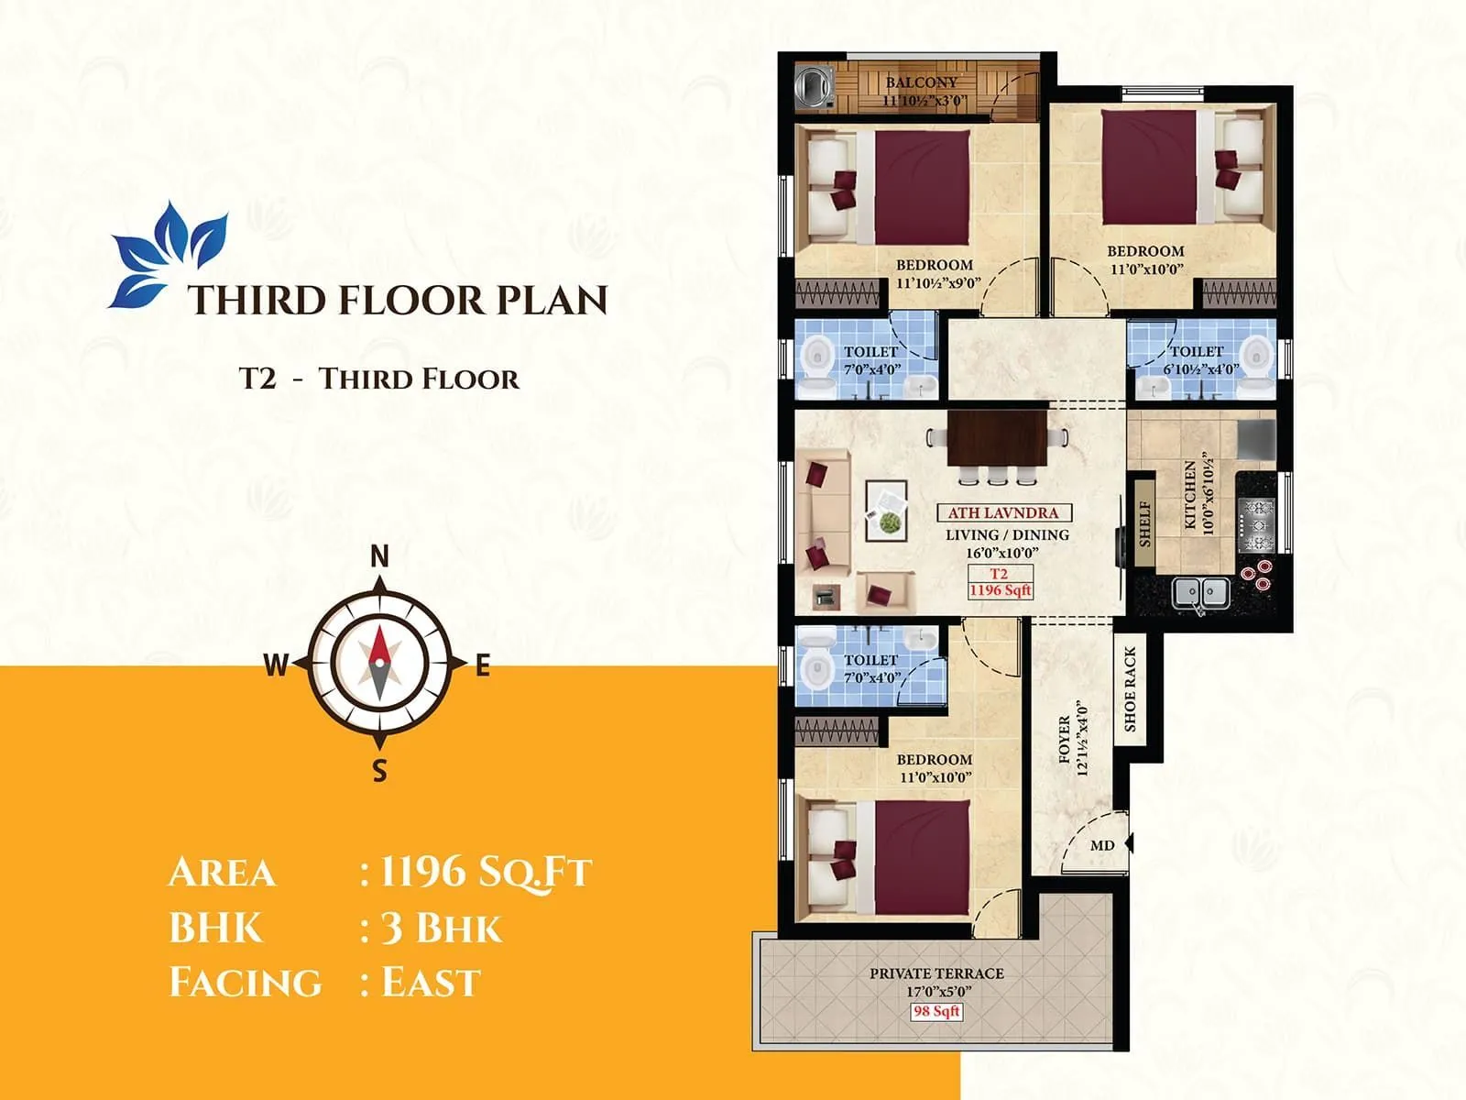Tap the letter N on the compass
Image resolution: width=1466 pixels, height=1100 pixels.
point(379,555)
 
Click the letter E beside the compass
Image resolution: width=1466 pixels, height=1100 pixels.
point(483,665)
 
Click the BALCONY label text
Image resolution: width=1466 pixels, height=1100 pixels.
point(921,82)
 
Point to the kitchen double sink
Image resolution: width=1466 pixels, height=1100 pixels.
point(1200,593)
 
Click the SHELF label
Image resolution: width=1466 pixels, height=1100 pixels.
point(1143,523)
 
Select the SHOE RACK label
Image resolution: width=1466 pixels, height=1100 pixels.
point(1130,688)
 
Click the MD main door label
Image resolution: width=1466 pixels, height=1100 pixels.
point(1102,845)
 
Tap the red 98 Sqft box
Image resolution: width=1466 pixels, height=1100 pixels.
point(935,1011)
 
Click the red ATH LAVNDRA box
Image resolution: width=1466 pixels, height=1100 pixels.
point(1002,513)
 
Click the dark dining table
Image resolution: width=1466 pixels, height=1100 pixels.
point(997,438)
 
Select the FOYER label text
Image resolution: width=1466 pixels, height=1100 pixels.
point(1064,739)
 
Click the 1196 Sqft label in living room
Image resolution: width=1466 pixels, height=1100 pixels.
point(1000,590)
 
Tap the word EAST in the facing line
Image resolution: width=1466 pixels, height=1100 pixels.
point(431,983)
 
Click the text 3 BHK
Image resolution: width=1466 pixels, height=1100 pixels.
point(441,929)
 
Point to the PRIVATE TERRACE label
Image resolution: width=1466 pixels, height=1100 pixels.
point(936,973)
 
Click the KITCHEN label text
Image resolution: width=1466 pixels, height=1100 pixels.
point(1189,495)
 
